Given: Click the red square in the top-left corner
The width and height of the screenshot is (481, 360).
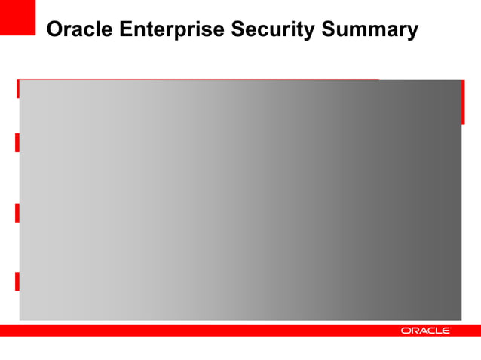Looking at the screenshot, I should click(x=17, y=17).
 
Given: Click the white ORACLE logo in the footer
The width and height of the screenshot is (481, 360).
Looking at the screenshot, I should click(x=425, y=331).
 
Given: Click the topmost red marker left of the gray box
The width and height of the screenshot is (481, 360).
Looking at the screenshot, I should click(x=17, y=88).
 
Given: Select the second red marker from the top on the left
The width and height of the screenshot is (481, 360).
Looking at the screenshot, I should click(x=17, y=142).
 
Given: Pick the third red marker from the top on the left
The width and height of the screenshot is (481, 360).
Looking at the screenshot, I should click(x=17, y=212).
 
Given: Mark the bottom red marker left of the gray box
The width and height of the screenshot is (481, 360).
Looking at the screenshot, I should click(x=17, y=282).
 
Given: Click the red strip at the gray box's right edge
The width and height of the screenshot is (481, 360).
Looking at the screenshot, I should click(x=463, y=102).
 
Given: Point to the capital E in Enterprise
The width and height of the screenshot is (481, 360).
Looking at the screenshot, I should click(x=118, y=30).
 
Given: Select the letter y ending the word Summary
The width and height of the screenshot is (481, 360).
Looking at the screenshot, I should click(x=412, y=32).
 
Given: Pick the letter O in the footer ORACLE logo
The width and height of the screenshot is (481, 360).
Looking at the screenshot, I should click(x=406, y=331).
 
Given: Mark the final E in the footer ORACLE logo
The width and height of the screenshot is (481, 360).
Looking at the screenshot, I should click(x=446, y=331).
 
